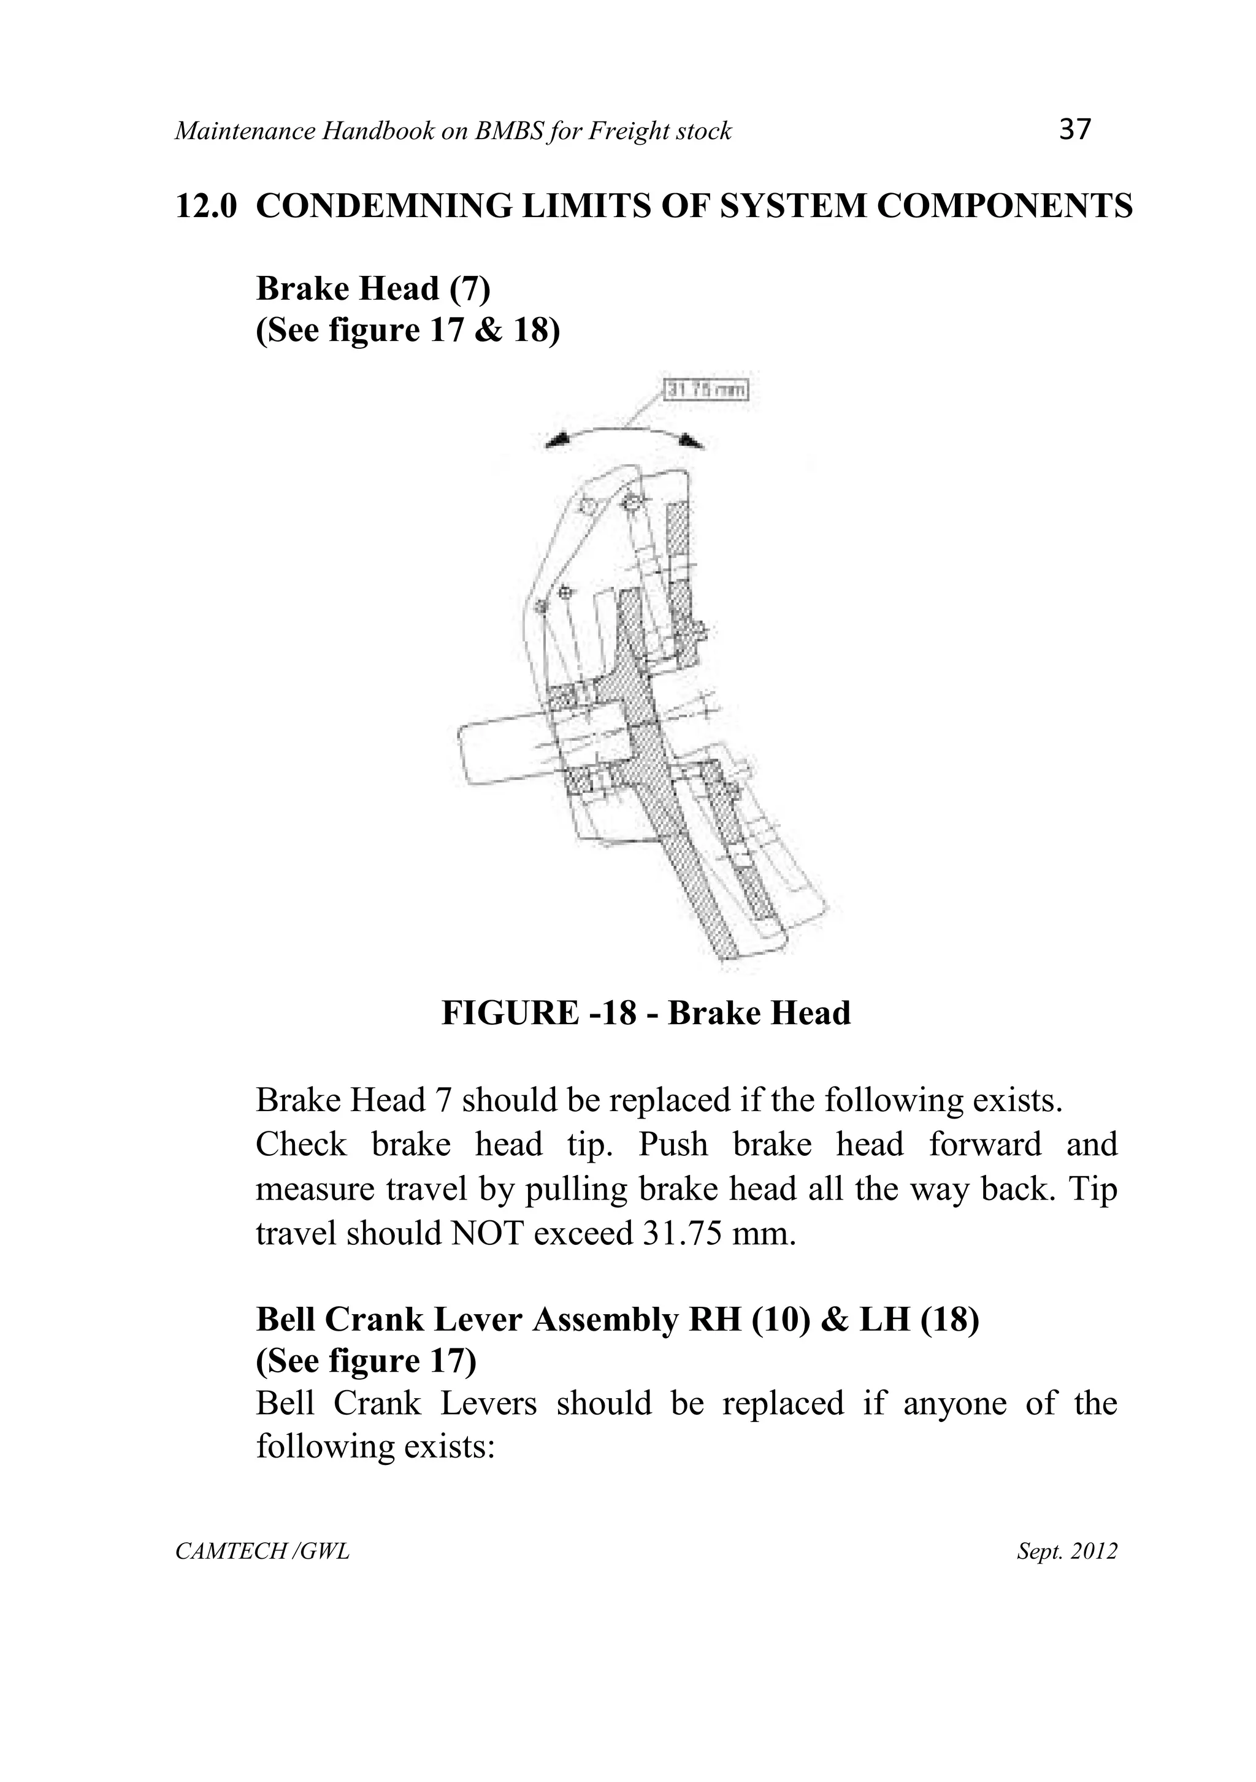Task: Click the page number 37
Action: click(1074, 129)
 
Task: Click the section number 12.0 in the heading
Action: click(205, 207)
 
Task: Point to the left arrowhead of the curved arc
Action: click(557, 441)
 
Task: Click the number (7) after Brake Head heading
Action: click(470, 289)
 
